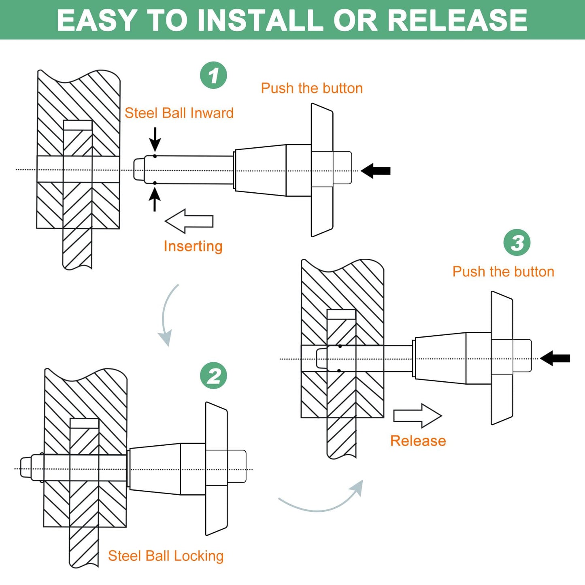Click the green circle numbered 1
[x=213, y=75]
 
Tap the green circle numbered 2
[x=213, y=376]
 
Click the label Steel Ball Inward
[x=179, y=113]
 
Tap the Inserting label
[x=193, y=246]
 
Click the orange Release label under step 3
[x=418, y=440]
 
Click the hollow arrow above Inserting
[x=189, y=221]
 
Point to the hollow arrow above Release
[x=418, y=416]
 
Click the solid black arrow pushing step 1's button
[x=376, y=171]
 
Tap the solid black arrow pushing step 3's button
[x=555, y=358]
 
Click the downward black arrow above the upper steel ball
[x=155, y=139]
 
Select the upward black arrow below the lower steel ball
[x=155, y=200]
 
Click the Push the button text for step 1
[x=312, y=88]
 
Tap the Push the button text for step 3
[x=503, y=271]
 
